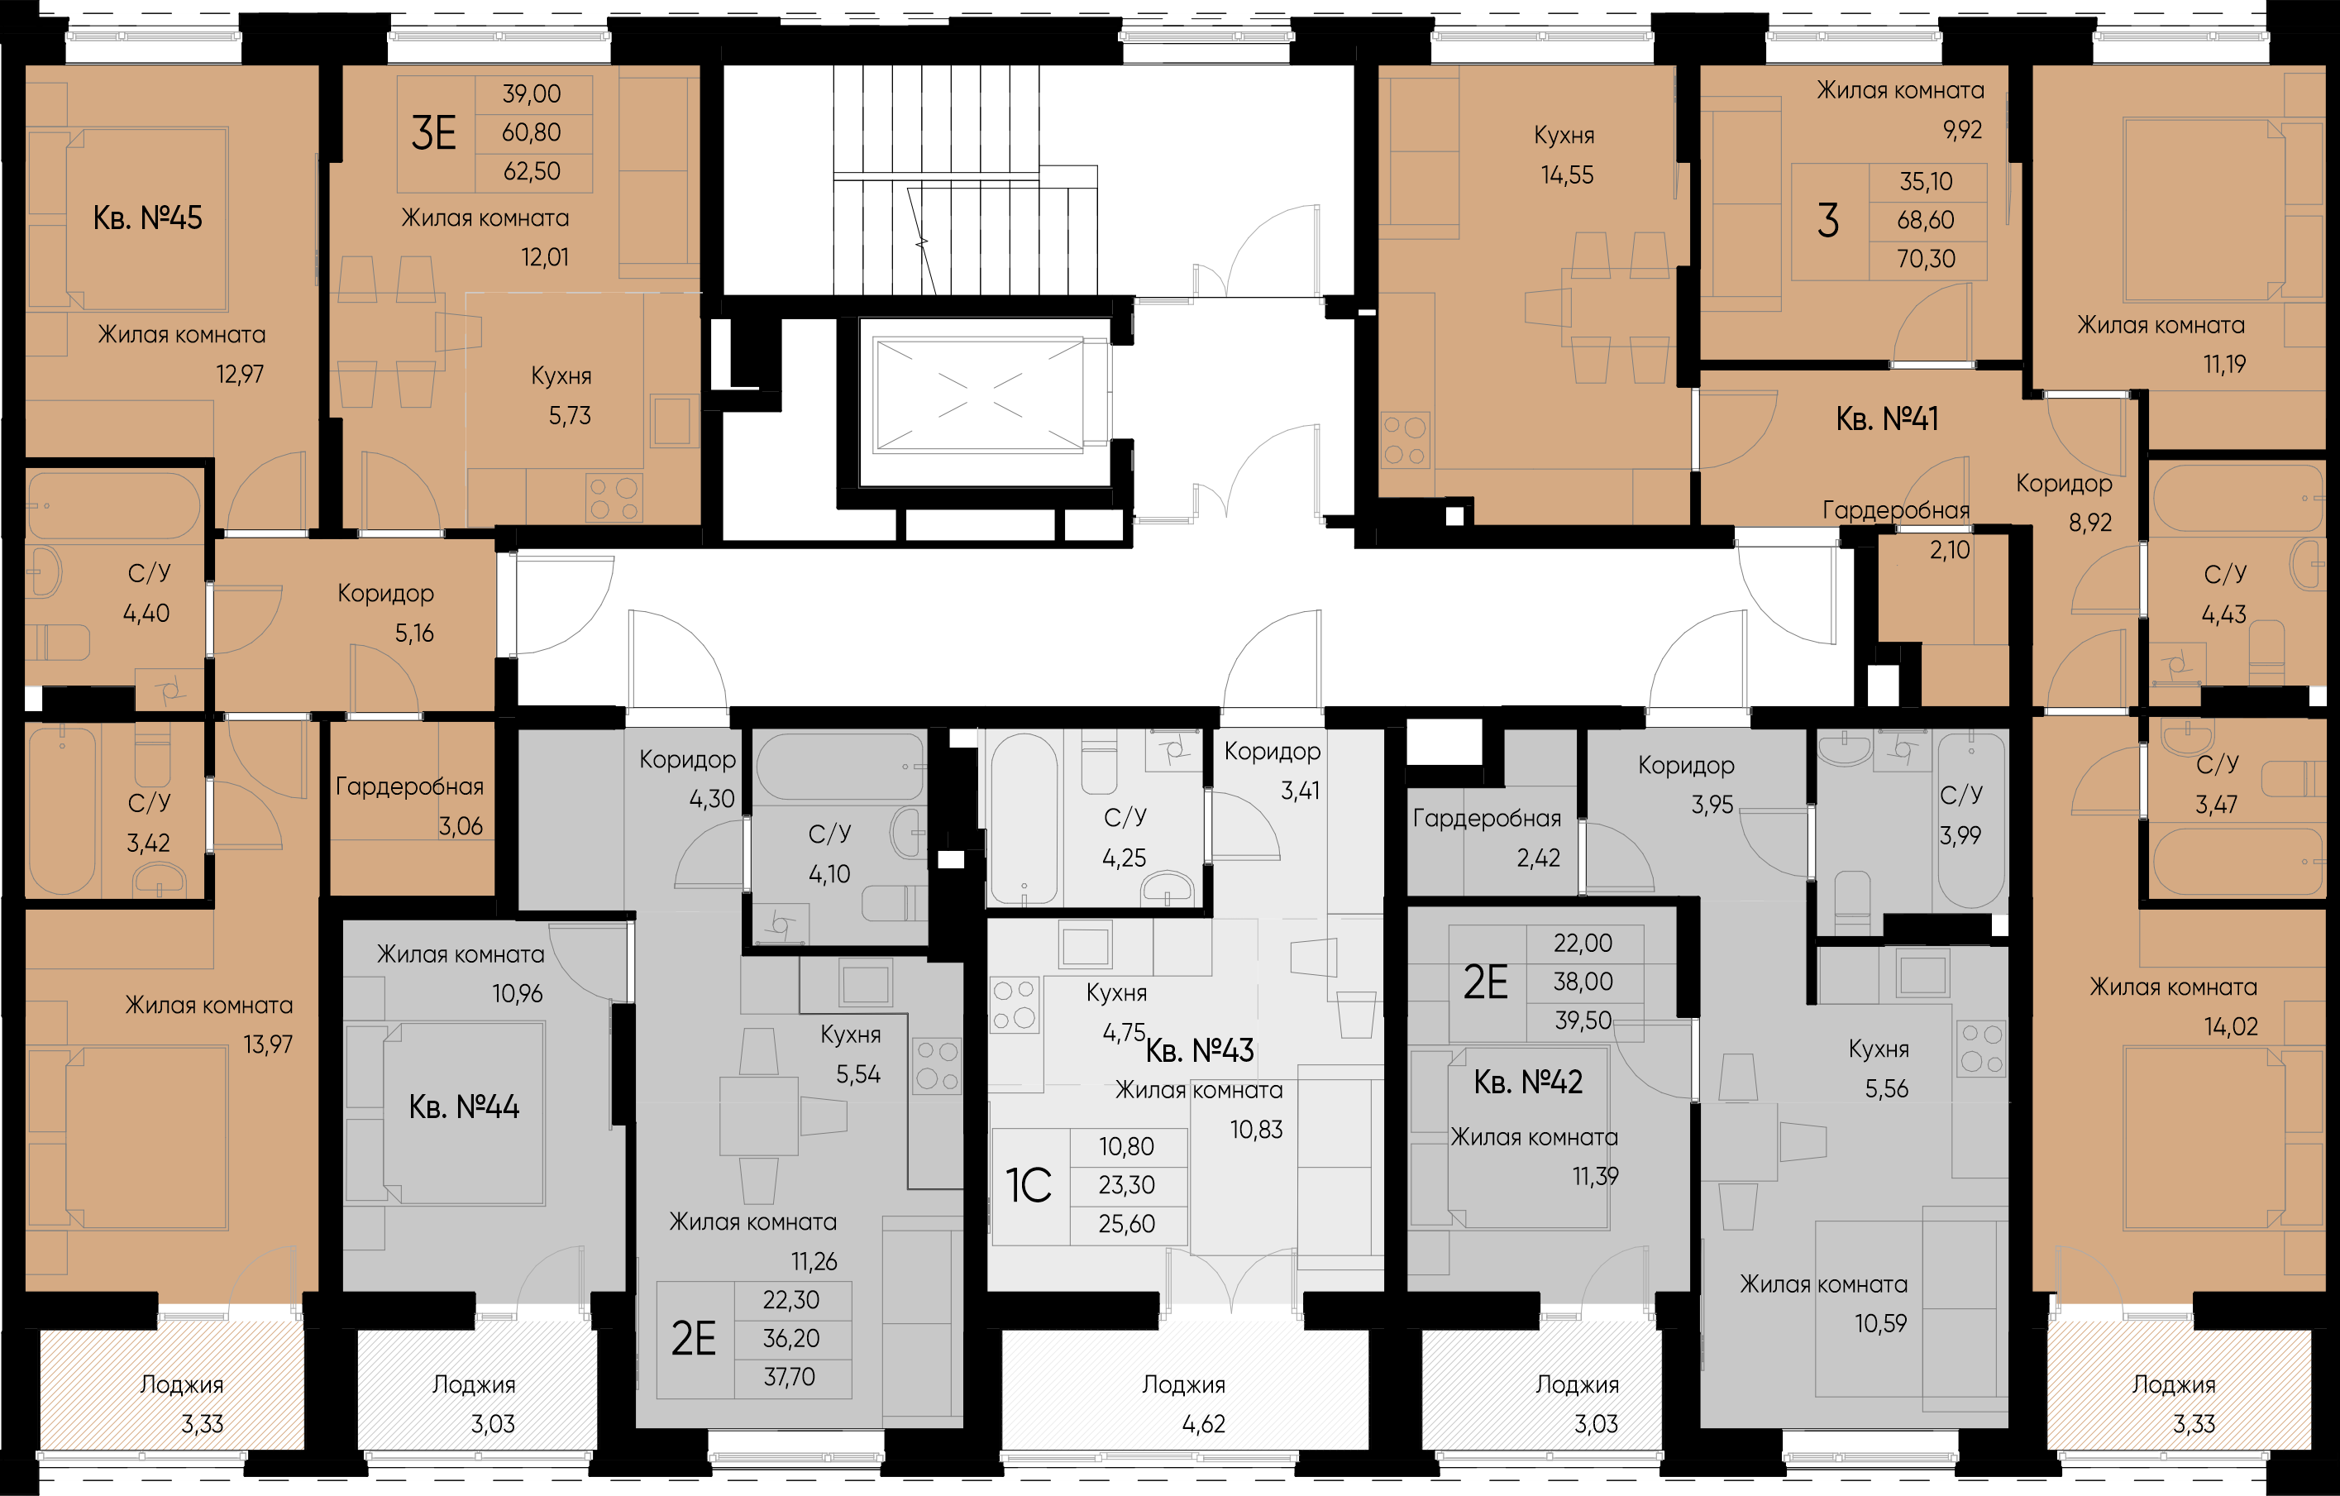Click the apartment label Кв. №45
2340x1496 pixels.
click(x=148, y=217)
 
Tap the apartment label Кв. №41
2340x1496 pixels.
click(x=1887, y=419)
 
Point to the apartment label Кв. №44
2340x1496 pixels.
click(x=465, y=1107)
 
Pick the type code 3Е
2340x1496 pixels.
click(x=433, y=133)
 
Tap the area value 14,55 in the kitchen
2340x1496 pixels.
click(x=1568, y=176)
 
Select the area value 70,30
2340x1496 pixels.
click(x=1926, y=260)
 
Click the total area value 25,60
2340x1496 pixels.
click(x=1127, y=1224)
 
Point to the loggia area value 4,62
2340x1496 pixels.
click(x=1204, y=1424)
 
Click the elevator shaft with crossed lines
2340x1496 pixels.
click(x=978, y=395)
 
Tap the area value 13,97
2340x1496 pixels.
click(x=268, y=1045)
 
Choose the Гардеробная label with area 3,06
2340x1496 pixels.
click(x=409, y=786)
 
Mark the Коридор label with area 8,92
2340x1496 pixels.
click(x=2064, y=484)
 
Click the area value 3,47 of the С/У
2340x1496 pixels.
click(x=2217, y=805)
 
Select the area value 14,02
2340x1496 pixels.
click(x=2231, y=1026)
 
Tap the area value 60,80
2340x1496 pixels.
click(x=532, y=133)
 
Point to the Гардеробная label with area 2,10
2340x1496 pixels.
click(x=1896, y=511)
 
